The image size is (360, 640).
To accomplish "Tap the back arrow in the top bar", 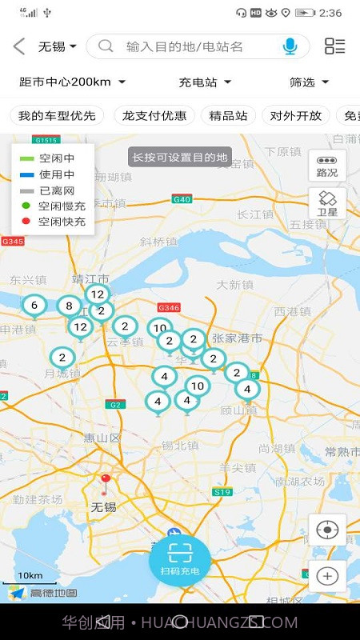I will coord(19,46).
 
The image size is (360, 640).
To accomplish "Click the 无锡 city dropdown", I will coord(58,46).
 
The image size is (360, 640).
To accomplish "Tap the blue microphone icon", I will coord(290,46).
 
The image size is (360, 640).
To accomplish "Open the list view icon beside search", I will coord(334,46).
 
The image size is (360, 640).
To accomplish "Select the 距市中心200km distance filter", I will coord(72,82).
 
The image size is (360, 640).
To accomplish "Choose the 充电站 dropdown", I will coord(205,82).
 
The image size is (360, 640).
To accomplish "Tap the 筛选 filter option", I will coord(309,82).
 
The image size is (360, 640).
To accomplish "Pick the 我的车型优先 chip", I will coord(57,115).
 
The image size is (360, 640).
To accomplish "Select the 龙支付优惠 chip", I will coord(154,115).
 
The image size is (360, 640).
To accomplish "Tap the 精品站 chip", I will coord(228,115).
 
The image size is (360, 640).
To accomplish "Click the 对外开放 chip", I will coord(296,115).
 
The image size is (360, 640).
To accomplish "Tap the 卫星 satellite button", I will coord(327,203).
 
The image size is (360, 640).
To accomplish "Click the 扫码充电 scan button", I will coord(180,558).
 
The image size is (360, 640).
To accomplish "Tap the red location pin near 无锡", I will coord(105,482).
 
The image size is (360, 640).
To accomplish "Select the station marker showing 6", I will coord(34,306).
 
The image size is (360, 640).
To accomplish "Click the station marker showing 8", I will coord(70,306).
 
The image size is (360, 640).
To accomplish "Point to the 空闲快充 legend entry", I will coord(53,221).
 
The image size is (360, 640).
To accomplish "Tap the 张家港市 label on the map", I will coord(237,338).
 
